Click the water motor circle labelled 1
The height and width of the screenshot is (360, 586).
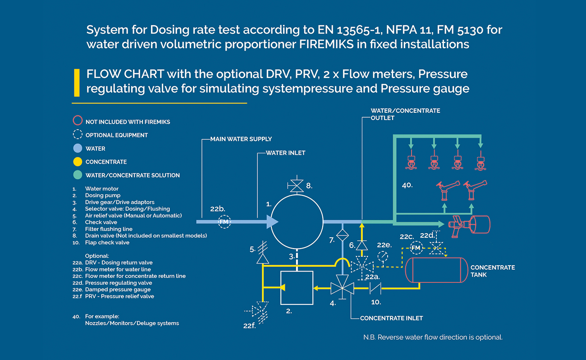coord(297,195)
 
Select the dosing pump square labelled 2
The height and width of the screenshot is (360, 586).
coord(281,288)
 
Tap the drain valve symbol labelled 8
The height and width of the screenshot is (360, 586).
coord(297,185)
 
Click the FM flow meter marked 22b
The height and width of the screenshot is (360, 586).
coord(224,222)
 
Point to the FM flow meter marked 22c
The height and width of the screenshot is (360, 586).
coord(416,248)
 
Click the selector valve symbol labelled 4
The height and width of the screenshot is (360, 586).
coord(342,288)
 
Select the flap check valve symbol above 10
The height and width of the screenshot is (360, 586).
coord(375,288)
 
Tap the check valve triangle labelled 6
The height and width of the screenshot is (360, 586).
coord(362,245)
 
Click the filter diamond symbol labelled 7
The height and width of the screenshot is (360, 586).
coord(343,235)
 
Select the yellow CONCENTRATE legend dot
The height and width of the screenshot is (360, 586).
coord(78,162)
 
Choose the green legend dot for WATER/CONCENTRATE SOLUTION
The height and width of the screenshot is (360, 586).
coord(78,175)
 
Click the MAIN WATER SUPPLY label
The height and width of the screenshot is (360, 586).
coord(241,139)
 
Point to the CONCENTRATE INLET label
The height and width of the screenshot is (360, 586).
coord(391,318)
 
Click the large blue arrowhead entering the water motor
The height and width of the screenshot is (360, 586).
coord(272,222)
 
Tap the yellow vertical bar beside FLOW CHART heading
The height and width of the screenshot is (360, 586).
coord(77,83)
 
